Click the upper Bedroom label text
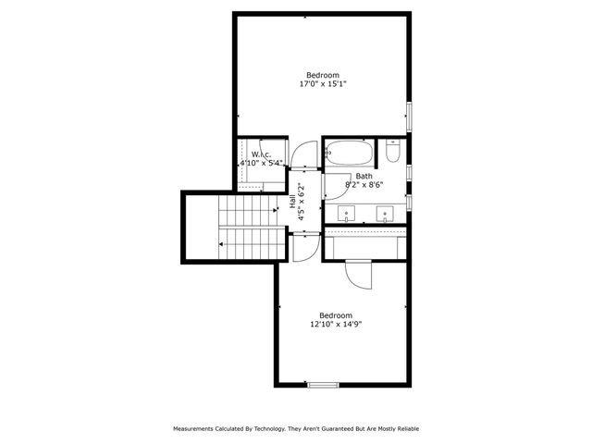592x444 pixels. [323, 75]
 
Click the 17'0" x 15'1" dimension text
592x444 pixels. [323, 84]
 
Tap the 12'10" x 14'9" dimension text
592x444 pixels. [336, 324]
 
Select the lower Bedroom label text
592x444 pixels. [336, 314]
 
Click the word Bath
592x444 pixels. [364, 176]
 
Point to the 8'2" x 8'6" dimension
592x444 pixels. [364, 184]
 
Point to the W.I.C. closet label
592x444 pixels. [260, 154]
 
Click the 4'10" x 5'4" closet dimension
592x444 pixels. [260, 164]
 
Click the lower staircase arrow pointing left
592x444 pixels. [222, 244]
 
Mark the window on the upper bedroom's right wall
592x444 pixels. [409, 119]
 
